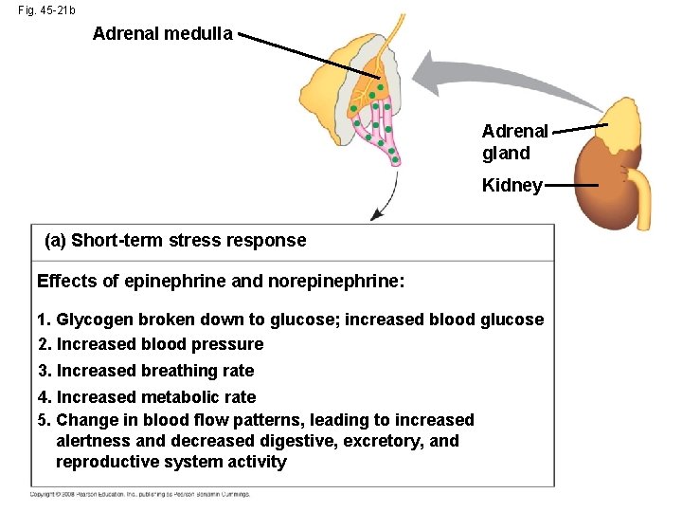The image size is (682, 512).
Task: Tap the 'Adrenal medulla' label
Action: coord(162,34)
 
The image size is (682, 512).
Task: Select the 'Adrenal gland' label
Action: coord(514,141)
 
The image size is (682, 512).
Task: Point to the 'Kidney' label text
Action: coord(511,185)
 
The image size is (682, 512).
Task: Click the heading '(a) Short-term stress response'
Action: coord(175,240)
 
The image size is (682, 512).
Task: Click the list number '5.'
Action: coord(45,420)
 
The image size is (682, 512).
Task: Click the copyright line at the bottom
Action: coord(139,494)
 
